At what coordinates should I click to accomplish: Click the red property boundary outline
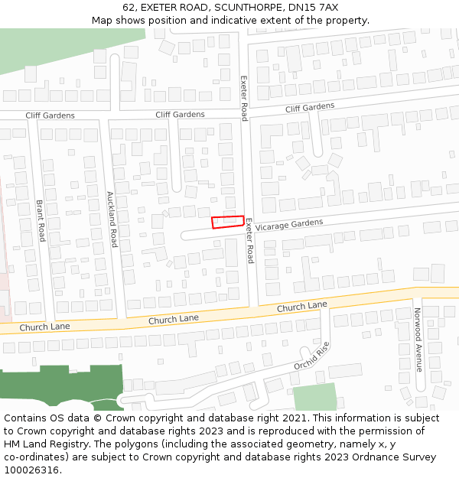pyautogui.click(x=228, y=222)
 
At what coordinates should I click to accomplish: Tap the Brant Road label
pyautogui.click(x=41, y=221)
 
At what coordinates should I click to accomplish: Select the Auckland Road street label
pyautogui.click(x=112, y=219)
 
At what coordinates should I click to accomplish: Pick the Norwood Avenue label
pyautogui.click(x=418, y=340)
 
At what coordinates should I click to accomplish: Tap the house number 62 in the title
pyautogui.click(x=129, y=7)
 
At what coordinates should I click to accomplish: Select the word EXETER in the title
pyautogui.click(x=158, y=7)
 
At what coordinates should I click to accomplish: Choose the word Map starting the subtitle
pyautogui.click(x=102, y=20)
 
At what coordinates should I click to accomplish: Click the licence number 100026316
pyautogui.click(x=32, y=470)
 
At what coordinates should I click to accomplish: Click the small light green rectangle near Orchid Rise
pyautogui.click(x=314, y=397)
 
